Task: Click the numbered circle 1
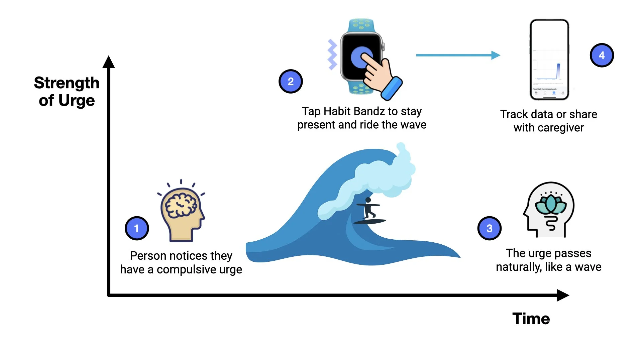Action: pos(136,228)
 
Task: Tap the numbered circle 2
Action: pos(291,82)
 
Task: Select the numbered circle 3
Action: pos(489,228)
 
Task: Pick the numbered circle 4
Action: pos(602,55)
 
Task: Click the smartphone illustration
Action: pos(549,59)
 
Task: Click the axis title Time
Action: pos(531,319)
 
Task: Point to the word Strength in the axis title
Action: pos(67,83)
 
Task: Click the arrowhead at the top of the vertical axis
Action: pos(109,62)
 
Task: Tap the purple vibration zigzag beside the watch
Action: pos(332,54)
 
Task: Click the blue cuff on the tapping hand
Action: pos(392,88)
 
